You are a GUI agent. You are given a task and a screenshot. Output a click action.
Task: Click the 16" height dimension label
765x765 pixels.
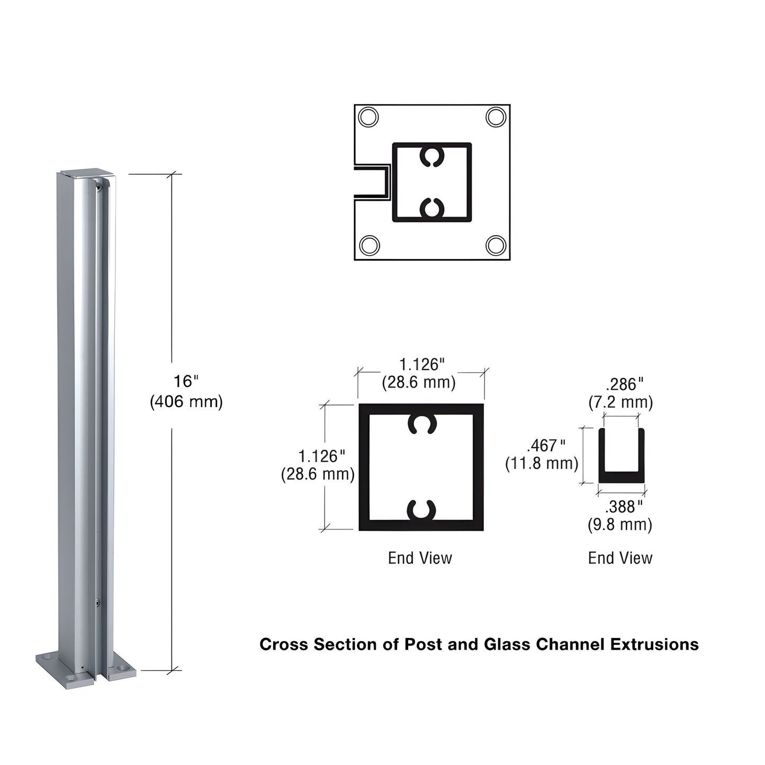[x=185, y=381]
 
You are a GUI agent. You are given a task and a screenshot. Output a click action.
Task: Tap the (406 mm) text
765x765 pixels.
[x=186, y=402]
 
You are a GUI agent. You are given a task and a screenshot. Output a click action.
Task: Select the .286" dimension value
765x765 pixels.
[x=624, y=384]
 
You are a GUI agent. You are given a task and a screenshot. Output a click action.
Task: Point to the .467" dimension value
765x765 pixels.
[x=546, y=445]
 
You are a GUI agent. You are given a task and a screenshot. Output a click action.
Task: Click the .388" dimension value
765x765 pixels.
[x=624, y=507]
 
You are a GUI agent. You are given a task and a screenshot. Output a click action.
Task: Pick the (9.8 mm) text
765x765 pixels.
[x=620, y=525]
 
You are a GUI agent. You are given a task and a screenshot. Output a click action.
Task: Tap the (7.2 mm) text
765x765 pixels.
[x=620, y=402]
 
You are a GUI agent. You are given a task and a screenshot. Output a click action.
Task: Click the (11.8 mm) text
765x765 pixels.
[x=542, y=463]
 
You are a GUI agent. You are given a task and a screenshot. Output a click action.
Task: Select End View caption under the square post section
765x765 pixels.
[x=420, y=558]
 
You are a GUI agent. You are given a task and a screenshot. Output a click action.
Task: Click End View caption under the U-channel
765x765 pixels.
[x=620, y=558]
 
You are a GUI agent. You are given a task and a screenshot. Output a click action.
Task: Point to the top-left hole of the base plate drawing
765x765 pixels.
[x=368, y=116]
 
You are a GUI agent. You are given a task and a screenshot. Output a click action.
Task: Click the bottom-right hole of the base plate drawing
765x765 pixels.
[x=496, y=245]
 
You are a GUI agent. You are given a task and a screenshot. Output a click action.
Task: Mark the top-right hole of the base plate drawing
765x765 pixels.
[x=496, y=116]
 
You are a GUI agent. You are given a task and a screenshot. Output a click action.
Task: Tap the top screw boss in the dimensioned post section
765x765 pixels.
[x=421, y=424]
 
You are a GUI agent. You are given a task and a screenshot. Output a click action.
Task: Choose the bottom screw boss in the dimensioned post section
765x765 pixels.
[x=421, y=510]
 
